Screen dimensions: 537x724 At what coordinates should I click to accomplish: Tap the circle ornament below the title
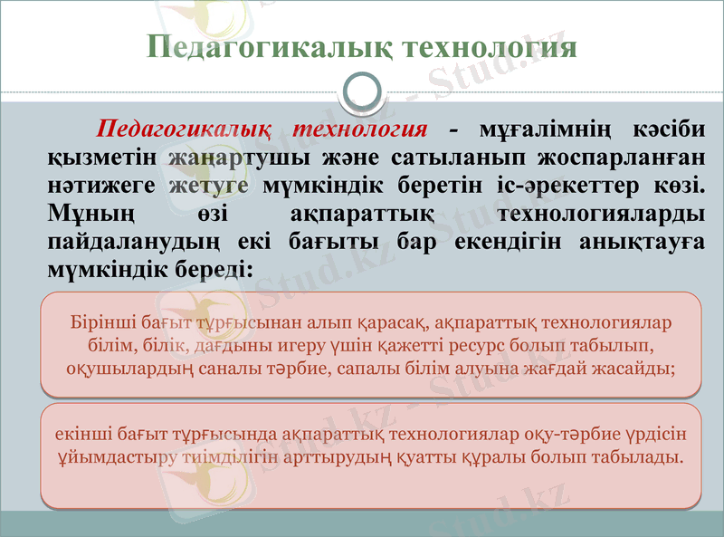[362, 91]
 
